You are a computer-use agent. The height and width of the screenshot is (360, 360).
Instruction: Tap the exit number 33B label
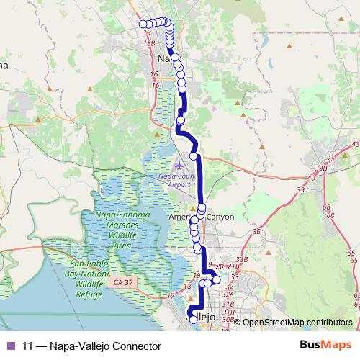pos(241,259)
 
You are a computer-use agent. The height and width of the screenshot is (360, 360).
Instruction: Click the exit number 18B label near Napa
pos(149,43)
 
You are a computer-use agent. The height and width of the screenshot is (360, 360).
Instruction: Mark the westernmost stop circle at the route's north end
pos(143,24)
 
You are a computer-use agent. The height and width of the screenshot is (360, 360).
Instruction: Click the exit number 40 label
pos(311,177)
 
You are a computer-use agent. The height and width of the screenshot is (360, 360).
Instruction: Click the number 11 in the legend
pos(28,346)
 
